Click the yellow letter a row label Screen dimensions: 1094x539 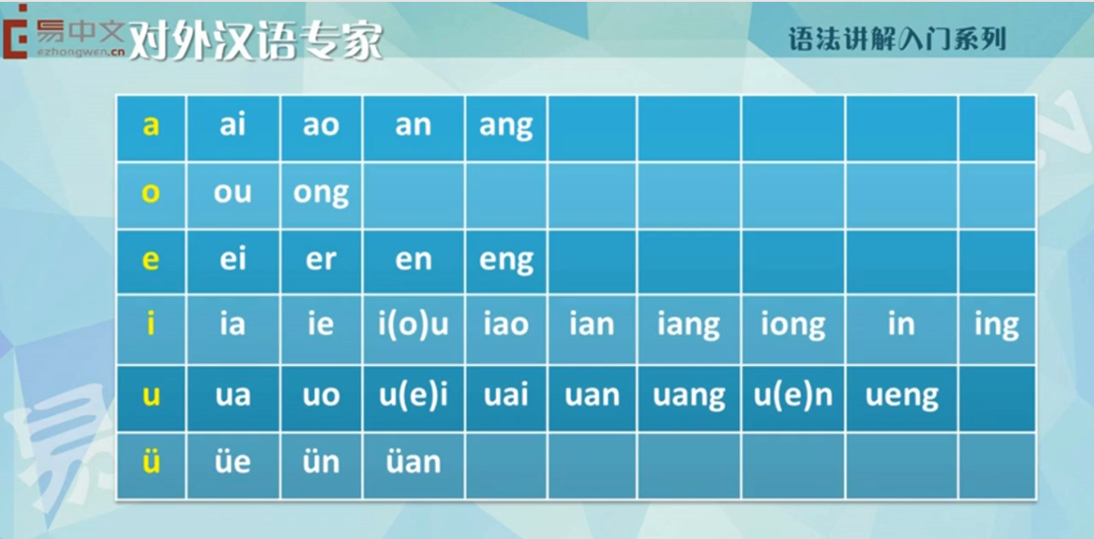[x=151, y=125]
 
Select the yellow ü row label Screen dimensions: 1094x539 [x=151, y=461]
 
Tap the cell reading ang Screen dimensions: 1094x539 [x=506, y=127]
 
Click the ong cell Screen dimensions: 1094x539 [x=321, y=195]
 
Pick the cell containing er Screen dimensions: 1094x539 [x=321, y=261]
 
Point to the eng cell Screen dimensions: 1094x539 [x=506, y=261]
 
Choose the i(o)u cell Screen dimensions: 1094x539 [x=413, y=330]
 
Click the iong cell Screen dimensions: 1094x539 [x=793, y=330]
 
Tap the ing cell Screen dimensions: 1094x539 [x=997, y=330]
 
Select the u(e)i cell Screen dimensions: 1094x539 [x=413, y=398]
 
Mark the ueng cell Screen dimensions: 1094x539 [x=902, y=398]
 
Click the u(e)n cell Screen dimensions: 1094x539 [x=793, y=398]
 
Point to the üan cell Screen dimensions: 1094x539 [x=413, y=465]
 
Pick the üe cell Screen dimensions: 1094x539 [x=232, y=465]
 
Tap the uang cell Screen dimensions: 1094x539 [x=689, y=398]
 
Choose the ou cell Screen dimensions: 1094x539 [x=232, y=195]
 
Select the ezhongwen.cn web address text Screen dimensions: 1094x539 [x=81, y=52]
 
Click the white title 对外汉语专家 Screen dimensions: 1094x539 [x=256, y=42]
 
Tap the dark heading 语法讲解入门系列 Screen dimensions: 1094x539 [x=897, y=39]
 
